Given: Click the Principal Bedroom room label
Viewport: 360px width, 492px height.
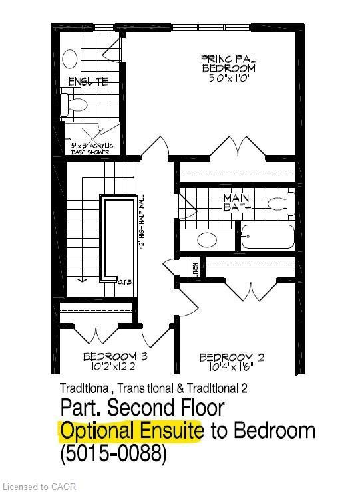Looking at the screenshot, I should (x=228, y=64).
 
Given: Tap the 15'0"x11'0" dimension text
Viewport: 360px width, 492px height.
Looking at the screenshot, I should (x=228, y=78).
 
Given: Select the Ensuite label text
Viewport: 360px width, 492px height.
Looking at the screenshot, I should (x=89, y=82).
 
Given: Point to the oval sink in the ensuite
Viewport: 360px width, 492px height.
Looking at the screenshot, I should (x=69, y=59).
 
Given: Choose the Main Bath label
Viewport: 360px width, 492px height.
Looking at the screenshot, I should (x=237, y=203).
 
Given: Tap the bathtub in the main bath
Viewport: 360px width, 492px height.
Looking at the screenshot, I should (x=268, y=236).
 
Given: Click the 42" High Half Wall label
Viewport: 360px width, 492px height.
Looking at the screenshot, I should (x=142, y=221).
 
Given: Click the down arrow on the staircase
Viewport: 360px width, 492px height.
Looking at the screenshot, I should (x=83, y=277).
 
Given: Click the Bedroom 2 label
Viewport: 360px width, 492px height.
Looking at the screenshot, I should (x=232, y=358).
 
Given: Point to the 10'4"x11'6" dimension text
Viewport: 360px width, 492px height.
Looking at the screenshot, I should (x=232, y=367).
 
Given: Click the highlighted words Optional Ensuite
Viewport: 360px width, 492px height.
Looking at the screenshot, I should (x=132, y=430).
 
